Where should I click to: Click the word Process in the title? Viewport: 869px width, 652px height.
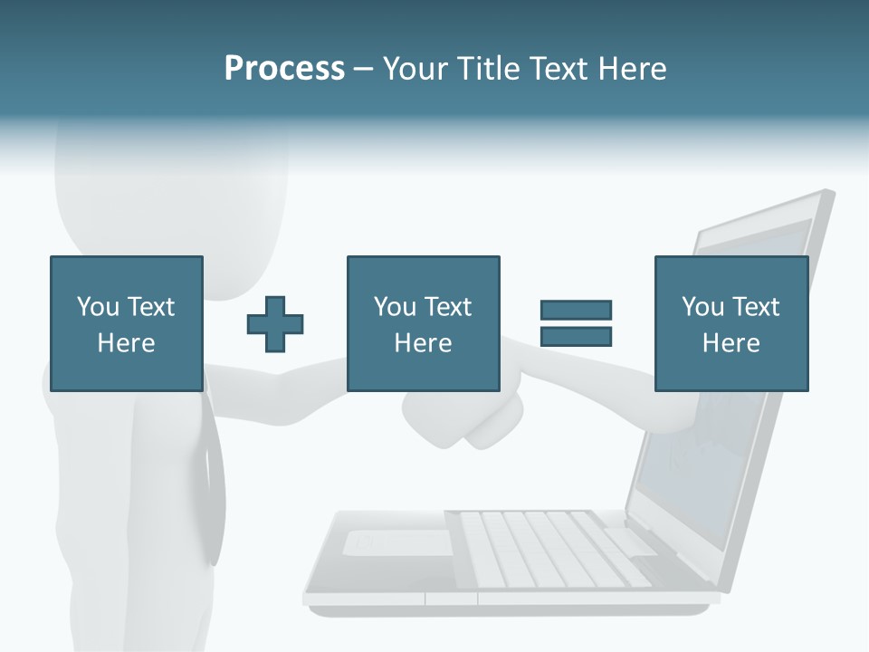(284, 69)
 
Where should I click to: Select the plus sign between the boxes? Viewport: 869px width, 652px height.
(275, 323)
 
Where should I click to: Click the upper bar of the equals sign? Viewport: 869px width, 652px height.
(576, 310)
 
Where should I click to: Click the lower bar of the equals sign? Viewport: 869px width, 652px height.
(576, 337)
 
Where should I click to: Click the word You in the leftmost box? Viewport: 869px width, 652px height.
(98, 306)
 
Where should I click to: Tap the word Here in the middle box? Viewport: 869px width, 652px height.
(423, 343)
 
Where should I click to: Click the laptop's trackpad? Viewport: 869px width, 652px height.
(398, 542)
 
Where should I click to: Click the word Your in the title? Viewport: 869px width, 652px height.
(415, 69)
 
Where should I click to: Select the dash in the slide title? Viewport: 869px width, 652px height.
(364, 69)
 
